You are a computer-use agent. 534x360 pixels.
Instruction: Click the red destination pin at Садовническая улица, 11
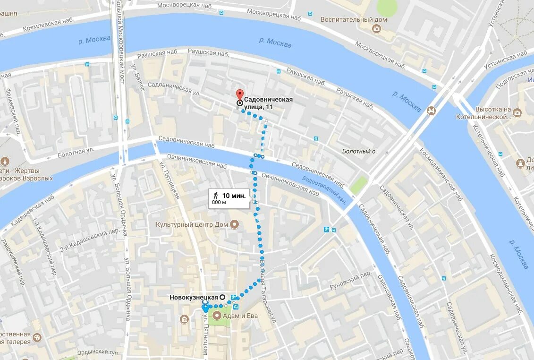(x=240, y=94)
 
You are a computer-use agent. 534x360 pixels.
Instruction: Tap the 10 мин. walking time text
(x=234, y=196)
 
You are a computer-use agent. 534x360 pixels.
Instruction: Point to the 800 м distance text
(x=219, y=203)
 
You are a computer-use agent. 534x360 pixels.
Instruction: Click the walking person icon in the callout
(x=216, y=195)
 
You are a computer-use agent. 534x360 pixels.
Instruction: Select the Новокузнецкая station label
(x=194, y=297)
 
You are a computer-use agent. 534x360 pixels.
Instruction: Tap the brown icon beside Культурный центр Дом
(x=234, y=224)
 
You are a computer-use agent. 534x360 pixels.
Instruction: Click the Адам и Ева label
(x=240, y=316)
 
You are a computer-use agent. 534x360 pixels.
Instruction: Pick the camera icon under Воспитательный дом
(x=376, y=29)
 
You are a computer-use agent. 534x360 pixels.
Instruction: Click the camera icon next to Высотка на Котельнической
(x=517, y=112)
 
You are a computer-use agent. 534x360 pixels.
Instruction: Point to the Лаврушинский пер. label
(x=13, y=255)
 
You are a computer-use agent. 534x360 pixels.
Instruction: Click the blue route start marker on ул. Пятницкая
(x=205, y=308)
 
